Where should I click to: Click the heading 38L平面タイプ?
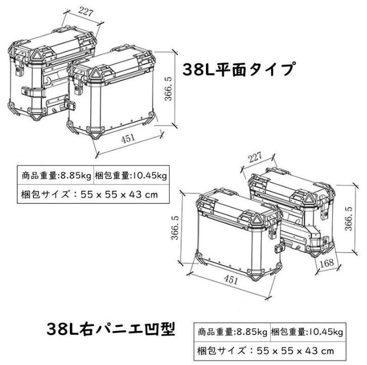coord(237,69)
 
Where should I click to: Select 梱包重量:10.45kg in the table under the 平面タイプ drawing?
coord(131,176)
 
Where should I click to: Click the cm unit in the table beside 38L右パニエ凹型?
coord(330,350)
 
